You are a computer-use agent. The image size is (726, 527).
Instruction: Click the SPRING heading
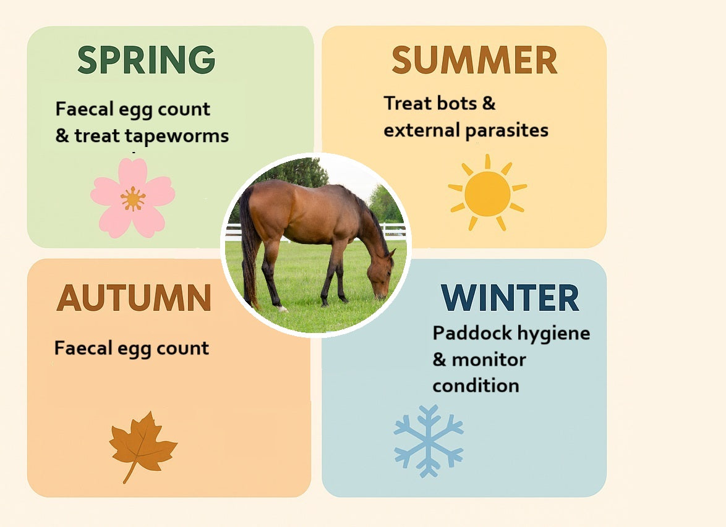click(x=146, y=60)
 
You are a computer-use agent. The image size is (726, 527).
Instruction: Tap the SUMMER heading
click(x=474, y=60)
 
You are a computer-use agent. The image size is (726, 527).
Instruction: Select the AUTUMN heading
click(x=134, y=298)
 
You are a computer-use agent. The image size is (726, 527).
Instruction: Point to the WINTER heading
click(x=510, y=298)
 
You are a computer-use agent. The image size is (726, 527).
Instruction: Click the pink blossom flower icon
click(x=132, y=198)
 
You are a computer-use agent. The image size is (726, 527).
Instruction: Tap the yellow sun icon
click(x=487, y=193)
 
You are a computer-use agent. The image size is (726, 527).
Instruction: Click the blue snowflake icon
click(x=428, y=441)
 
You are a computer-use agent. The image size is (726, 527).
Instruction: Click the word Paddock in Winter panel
click(x=466, y=334)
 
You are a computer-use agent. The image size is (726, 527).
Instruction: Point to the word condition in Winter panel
click(x=475, y=386)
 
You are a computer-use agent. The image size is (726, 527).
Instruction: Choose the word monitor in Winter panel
click(x=489, y=360)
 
